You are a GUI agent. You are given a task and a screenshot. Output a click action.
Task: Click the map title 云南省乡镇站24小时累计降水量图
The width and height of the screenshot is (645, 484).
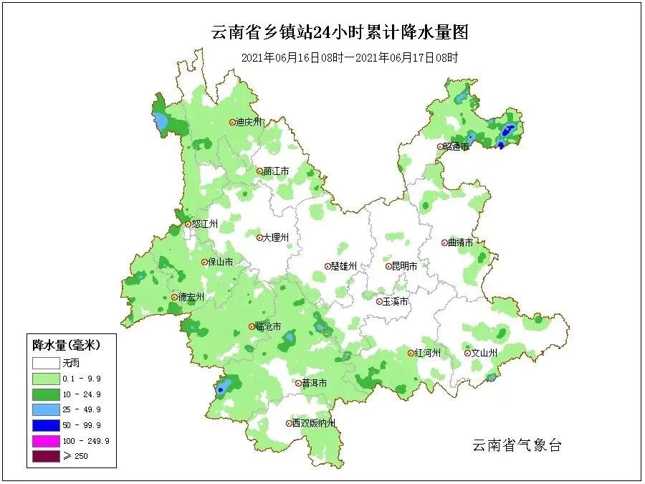pyautogui.click(x=340, y=32)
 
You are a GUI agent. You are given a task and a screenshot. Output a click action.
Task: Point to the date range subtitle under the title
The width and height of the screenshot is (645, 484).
pyautogui.click(x=349, y=58)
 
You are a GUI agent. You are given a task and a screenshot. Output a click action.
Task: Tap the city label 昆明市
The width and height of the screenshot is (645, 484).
pyautogui.click(x=405, y=266)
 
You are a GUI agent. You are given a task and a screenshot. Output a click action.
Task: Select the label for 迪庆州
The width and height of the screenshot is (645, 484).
pyautogui.click(x=250, y=122)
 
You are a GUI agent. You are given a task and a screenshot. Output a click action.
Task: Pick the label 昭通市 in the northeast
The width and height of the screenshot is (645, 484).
pyautogui.click(x=456, y=146)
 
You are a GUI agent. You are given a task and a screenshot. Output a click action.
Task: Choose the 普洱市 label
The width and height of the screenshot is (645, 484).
pyautogui.click(x=315, y=384)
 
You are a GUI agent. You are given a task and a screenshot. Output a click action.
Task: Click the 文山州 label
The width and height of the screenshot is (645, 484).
pyautogui.click(x=484, y=353)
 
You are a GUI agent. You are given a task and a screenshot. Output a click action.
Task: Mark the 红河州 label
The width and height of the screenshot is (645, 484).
pyautogui.click(x=428, y=353)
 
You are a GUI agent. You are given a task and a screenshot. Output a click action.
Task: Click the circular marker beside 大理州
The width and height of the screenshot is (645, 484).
pyautogui.click(x=259, y=237)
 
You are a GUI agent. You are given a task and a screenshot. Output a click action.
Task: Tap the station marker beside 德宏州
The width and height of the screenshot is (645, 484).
pyautogui.click(x=174, y=297)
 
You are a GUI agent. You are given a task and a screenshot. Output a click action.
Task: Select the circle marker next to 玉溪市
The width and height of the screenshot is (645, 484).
pyautogui.click(x=380, y=302)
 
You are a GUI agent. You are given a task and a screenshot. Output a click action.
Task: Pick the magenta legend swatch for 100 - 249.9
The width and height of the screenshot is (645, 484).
pyautogui.click(x=44, y=441)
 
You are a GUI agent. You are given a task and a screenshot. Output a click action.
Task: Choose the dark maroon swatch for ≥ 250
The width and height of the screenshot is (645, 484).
pyautogui.click(x=44, y=457)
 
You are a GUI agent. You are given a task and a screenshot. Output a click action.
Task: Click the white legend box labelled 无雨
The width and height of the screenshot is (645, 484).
pyautogui.click(x=44, y=363)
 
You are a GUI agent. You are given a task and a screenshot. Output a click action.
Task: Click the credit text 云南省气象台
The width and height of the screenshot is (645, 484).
pyautogui.click(x=517, y=445)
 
